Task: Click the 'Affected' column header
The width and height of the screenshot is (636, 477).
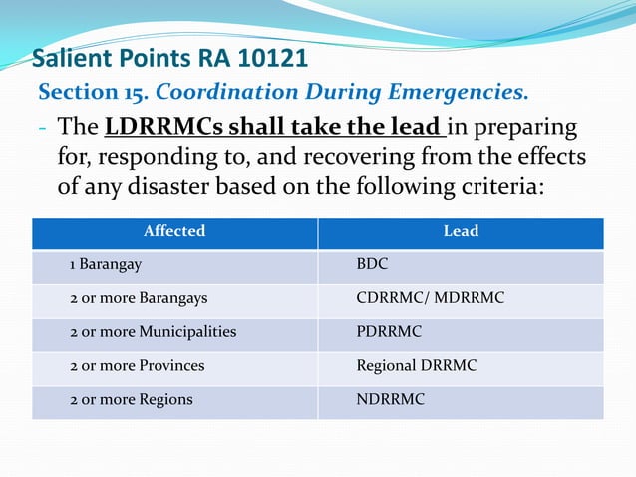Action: [x=174, y=231]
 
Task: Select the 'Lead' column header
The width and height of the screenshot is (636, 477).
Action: [x=461, y=231]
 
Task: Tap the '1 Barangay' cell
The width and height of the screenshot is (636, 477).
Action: [x=104, y=266]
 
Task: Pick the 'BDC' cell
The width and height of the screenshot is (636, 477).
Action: [x=372, y=266]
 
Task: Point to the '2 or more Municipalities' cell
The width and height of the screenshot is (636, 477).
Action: [x=153, y=332]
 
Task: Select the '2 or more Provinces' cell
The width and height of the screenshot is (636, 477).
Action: [x=137, y=366]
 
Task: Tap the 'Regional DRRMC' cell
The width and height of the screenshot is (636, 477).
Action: [x=417, y=366]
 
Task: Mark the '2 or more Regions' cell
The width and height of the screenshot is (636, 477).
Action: [x=131, y=399]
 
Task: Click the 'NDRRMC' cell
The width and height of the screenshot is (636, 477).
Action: [x=391, y=399]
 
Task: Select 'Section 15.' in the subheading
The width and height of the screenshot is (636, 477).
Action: [x=93, y=93]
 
